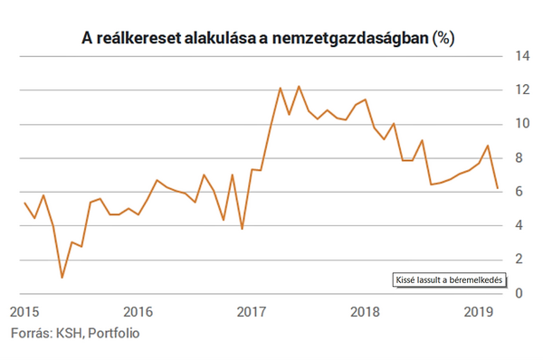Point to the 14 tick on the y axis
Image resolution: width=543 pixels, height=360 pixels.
tap(522, 56)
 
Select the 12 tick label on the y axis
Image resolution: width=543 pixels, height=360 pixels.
tap(522, 90)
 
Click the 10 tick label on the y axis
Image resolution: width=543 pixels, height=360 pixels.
tap(522, 124)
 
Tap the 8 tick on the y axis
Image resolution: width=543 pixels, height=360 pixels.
tap(519, 158)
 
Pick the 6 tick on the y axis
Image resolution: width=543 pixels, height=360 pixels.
tap(519, 192)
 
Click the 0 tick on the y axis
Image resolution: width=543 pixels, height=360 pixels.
tap(519, 293)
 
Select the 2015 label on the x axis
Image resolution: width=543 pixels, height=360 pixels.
tap(24, 311)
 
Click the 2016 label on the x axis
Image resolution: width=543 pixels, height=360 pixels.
tap(138, 311)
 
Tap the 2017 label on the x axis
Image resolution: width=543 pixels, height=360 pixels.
tap(251, 311)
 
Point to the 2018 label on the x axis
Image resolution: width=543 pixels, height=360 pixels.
tap(364, 311)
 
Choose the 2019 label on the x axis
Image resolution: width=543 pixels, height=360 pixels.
tap(477, 311)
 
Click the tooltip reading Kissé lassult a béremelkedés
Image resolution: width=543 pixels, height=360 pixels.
tap(445, 281)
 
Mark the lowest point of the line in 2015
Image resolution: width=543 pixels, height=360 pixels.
tap(62, 277)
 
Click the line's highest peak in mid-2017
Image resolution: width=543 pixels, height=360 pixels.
tap(299, 87)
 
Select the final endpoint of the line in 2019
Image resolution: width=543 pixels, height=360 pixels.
tap(497, 188)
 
